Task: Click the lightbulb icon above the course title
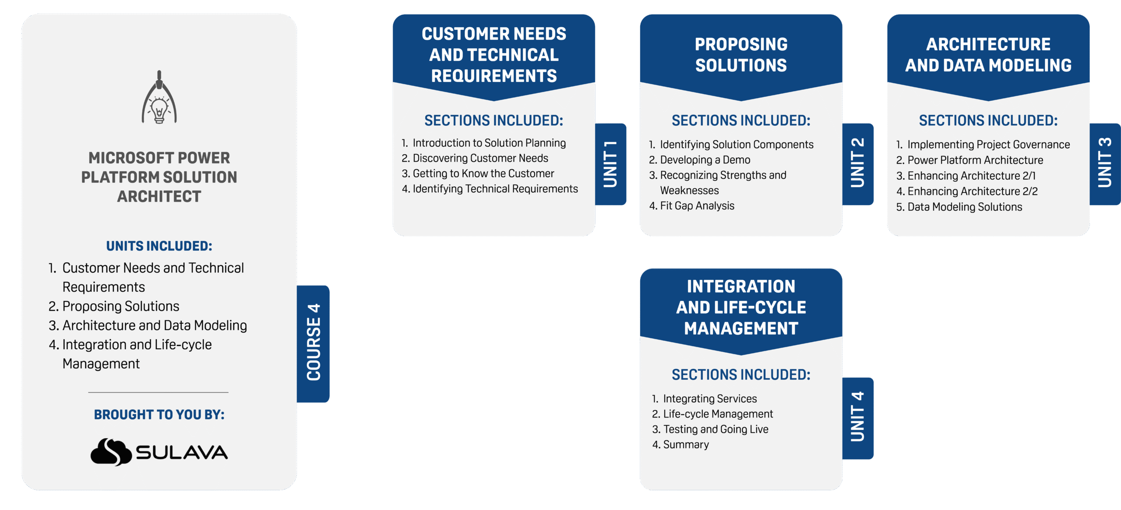(x=159, y=99)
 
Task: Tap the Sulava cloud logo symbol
(x=111, y=452)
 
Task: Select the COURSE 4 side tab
(x=314, y=344)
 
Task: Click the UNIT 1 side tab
(x=610, y=164)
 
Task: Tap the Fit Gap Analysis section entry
(x=697, y=206)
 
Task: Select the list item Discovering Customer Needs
(x=480, y=158)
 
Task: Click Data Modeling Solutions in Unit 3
(x=964, y=207)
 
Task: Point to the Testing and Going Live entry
(x=715, y=429)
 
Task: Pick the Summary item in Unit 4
(x=685, y=445)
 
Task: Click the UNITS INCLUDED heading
(x=159, y=246)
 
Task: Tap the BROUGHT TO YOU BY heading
(x=159, y=414)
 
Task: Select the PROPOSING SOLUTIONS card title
(x=741, y=55)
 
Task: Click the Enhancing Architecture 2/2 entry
(x=972, y=191)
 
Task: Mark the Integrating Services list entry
(x=709, y=399)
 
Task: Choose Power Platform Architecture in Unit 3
(x=975, y=160)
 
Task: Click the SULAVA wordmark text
(x=182, y=453)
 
